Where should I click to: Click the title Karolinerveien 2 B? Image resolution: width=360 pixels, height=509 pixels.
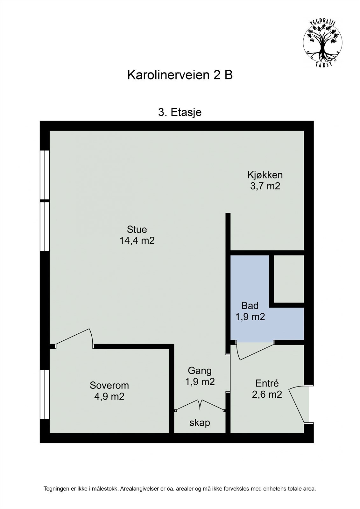point(180,75)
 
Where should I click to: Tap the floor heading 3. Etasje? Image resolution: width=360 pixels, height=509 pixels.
point(180,112)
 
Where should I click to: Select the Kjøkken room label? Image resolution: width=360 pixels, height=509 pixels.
point(265,175)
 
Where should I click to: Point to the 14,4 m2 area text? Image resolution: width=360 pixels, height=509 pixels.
point(137,241)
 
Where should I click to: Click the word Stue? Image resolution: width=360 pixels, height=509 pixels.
point(137,229)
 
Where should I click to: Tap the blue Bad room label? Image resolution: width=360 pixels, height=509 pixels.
point(250,306)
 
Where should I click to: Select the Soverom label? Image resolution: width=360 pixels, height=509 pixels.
point(109,385)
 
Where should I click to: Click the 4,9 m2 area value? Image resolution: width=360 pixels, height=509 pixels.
point(109,396)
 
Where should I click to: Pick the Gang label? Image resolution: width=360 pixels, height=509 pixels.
point(200,371)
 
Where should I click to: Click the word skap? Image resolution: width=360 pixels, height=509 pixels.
point(200,423)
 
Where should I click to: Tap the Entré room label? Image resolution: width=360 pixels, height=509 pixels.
point(267,383)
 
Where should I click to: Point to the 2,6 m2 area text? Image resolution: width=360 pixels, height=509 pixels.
point(267,394)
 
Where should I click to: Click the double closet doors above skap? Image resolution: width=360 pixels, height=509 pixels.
point(200,405)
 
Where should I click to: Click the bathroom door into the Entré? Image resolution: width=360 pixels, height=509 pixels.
point(255,352)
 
